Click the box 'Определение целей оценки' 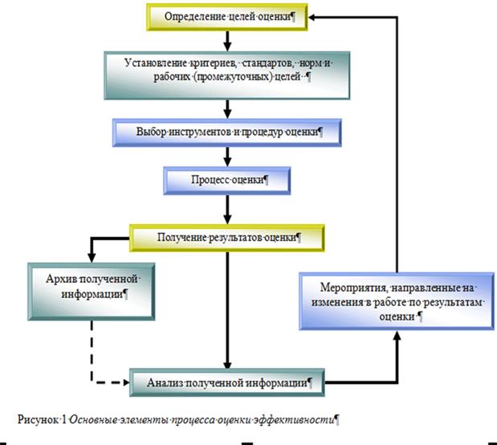[x=228, y=16]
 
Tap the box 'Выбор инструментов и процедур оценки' [x=228, y=130]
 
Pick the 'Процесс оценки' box [x=229, y=179]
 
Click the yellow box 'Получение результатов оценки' [x=229, y=238]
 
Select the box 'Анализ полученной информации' [x=229, y=382]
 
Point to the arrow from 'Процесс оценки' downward [x=229, y=208]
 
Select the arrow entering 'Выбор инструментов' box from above [x=229, y=108]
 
